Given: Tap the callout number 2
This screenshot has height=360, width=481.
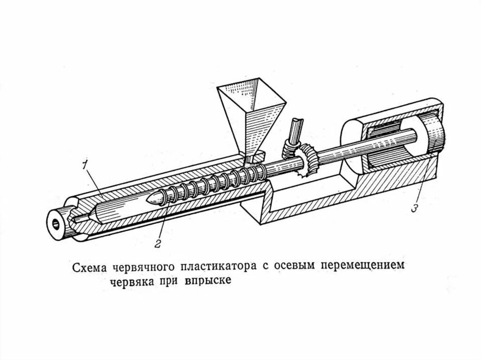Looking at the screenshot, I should pos(158,243).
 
